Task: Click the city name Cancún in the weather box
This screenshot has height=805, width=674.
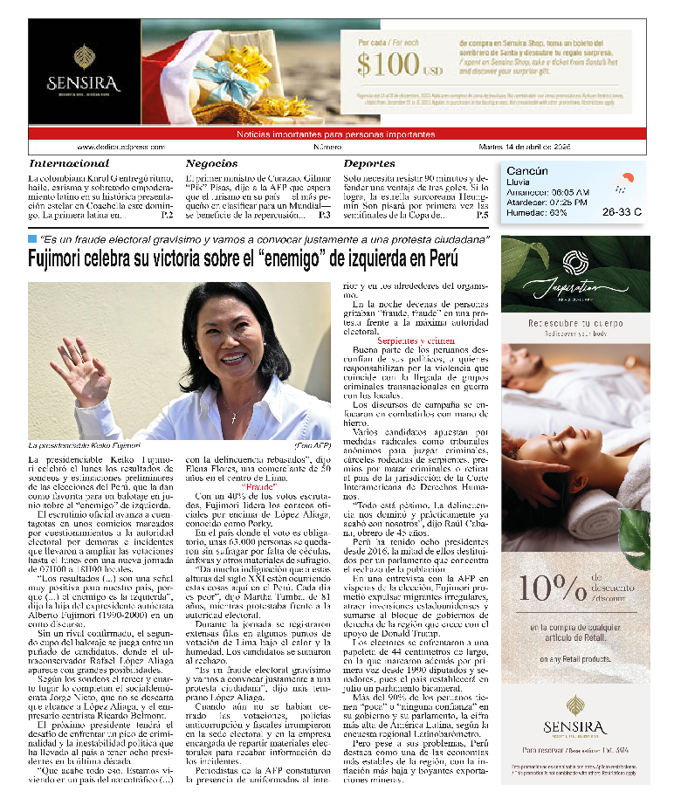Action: point(527,171)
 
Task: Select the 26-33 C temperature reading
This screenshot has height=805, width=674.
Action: point(622,211)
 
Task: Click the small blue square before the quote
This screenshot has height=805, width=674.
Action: point(32,238)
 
